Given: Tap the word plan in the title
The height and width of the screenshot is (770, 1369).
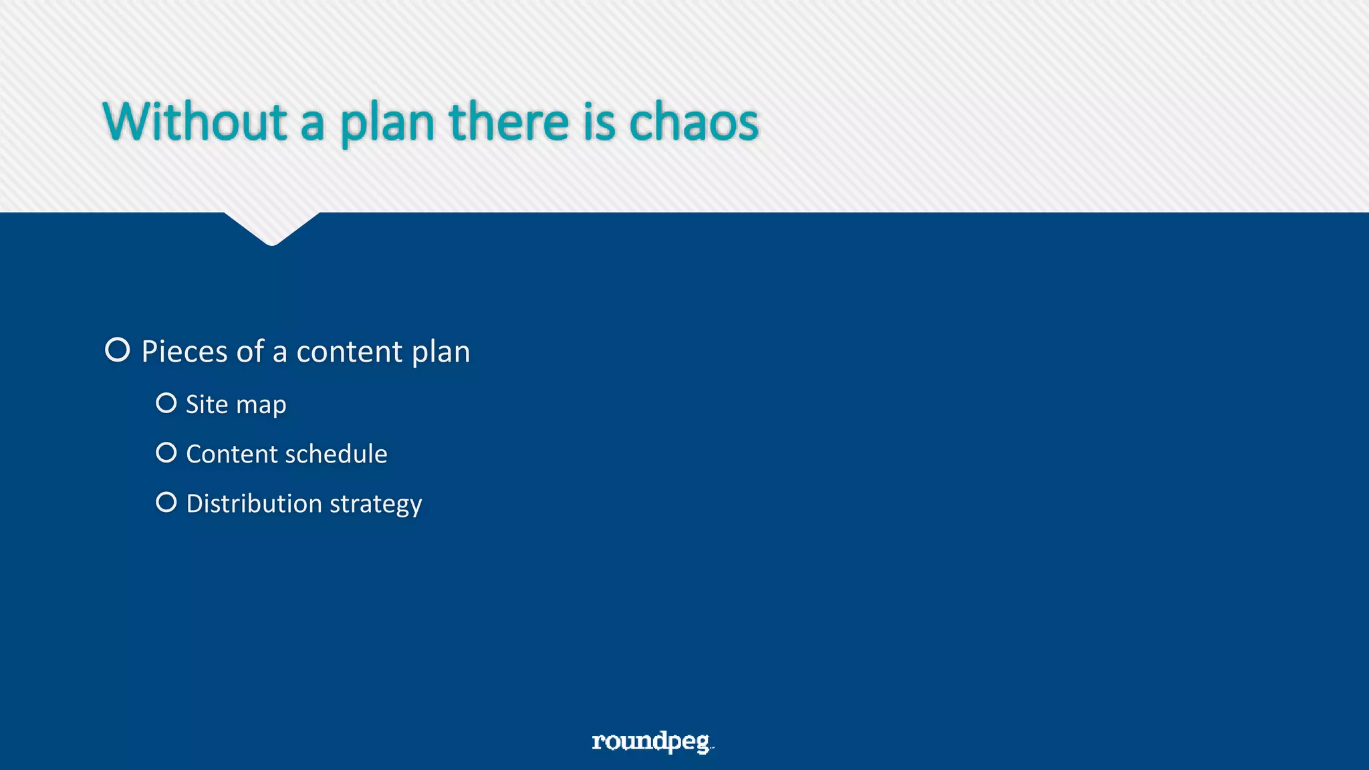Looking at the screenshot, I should [387, 123].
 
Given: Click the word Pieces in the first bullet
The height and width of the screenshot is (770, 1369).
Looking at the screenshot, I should [184, 352].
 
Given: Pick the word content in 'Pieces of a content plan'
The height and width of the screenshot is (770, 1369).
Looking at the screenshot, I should [349, 352].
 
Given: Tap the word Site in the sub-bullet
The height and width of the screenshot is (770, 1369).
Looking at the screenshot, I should [207, 404].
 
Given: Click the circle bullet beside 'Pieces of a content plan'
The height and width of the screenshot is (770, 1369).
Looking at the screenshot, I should [118, 350].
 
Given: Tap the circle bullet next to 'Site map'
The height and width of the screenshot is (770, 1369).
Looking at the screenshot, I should [166, 403].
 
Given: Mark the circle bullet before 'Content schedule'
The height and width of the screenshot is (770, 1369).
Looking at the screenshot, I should [166, 453].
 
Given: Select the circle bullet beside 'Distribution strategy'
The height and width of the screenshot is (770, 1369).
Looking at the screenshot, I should [166, 502].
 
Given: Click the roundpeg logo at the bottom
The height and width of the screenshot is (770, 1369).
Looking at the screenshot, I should [652, 742].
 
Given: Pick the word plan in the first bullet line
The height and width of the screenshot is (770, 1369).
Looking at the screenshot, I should [441, 352].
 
